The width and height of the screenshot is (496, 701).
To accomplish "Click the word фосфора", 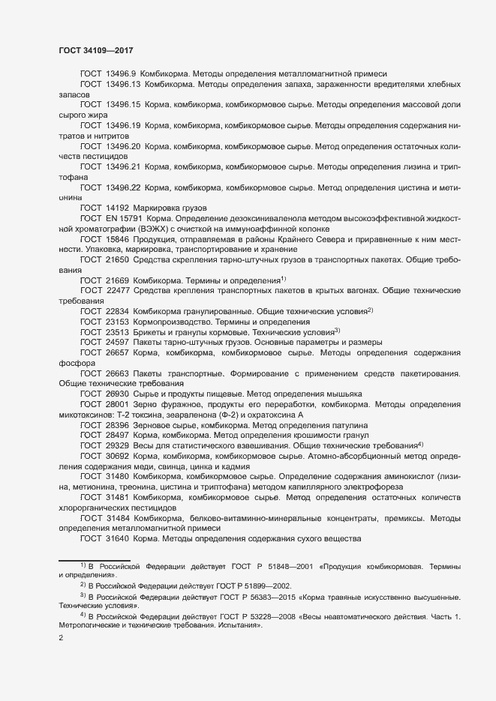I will [x=75, y=362].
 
